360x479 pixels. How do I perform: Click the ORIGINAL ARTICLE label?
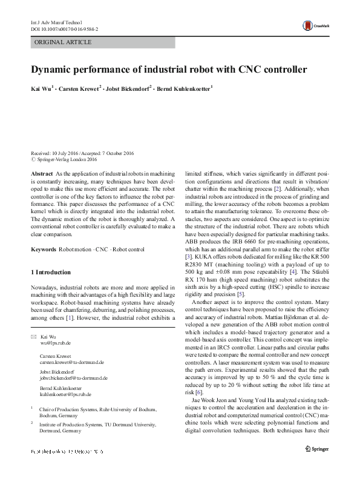pyautogui.click(x=62, y=42)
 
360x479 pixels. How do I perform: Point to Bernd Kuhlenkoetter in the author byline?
pyautogui.click(x=183, y=90)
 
